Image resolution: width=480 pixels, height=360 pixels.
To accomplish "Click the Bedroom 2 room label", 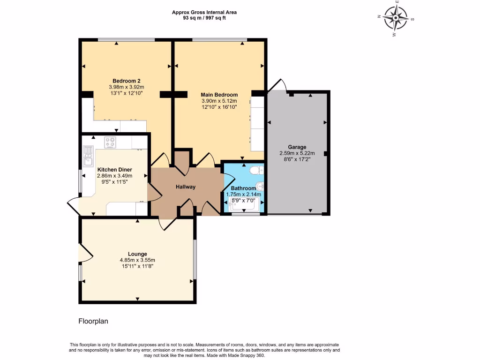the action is point(127,81).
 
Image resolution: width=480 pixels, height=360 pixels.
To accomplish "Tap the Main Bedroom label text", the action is point(219,95).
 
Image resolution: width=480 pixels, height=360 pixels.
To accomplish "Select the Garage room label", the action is point(297,147).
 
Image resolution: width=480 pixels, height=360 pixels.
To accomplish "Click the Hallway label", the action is point(186,187).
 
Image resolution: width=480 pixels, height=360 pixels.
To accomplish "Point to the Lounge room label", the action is point(137,254).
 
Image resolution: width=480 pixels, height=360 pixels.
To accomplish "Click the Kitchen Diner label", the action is point(115,170).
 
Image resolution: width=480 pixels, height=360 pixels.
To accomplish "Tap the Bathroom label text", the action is point(243,188).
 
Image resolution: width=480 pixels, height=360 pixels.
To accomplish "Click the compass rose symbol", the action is point(396,18).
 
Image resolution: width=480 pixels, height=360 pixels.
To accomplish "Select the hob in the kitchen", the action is point(110,142).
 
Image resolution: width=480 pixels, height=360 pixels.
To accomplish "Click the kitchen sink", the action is point(88,156).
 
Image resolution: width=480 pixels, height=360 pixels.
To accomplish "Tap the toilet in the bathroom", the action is point(256,170).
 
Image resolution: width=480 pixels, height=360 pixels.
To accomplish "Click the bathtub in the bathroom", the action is point(244,204).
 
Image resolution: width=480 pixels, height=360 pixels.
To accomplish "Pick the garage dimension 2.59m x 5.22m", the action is point(297,153).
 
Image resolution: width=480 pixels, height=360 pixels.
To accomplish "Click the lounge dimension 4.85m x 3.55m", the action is point(137,260).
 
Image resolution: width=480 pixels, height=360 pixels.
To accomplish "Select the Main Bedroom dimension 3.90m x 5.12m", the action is point(219,101).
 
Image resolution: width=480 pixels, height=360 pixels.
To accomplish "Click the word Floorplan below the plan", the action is point(93,321).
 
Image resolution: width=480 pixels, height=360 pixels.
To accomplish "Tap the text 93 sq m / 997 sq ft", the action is point(204,18).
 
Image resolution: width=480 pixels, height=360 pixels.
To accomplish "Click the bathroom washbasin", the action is point(260,186).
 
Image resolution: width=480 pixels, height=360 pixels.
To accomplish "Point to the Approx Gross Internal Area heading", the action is point(204,13).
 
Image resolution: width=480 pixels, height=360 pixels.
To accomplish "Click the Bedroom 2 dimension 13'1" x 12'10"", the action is point(127,93).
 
